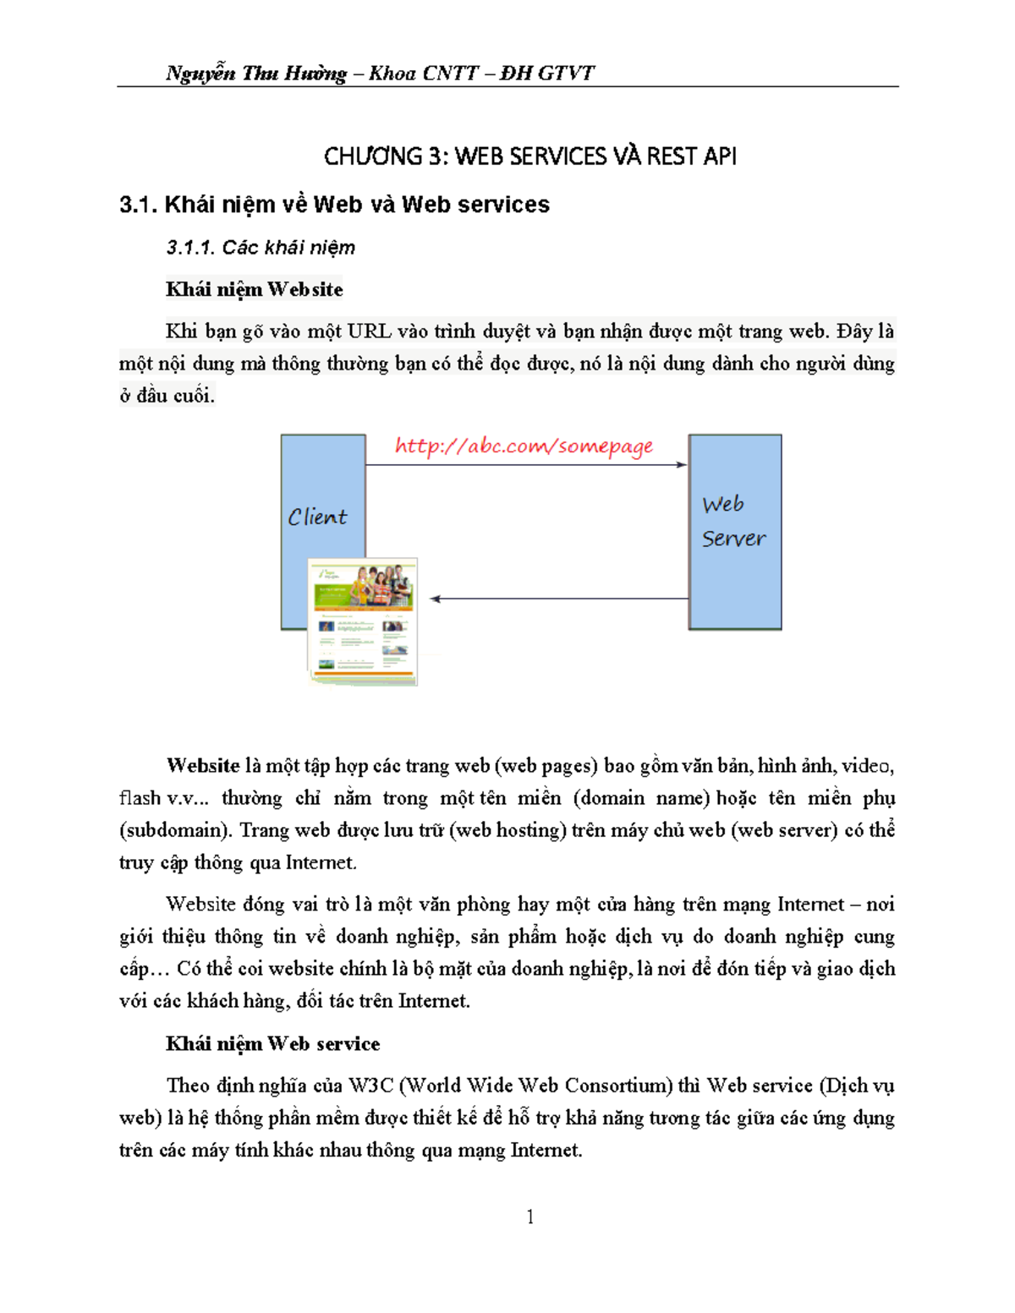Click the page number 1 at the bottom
coord(530,1217)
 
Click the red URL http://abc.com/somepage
coord(524,446)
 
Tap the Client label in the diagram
coord(317,517)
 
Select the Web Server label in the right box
coord(733,522)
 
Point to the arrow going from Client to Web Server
coord(526,464)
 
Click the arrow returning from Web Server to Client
coord(558,599)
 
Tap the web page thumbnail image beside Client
coord(363,621)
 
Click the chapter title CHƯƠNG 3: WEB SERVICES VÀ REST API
coord(529,156)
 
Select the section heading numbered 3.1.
coord(334,205)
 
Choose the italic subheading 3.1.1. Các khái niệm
coord(261,248)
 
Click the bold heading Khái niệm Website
coord(254,289)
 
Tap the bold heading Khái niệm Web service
coord(272,1043)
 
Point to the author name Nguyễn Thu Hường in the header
coord(256,74)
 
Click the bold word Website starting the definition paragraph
coord(203,765)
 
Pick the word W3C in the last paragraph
coord(370,1085)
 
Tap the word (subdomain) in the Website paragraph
coord(176,829)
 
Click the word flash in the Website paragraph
coord(140,797)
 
